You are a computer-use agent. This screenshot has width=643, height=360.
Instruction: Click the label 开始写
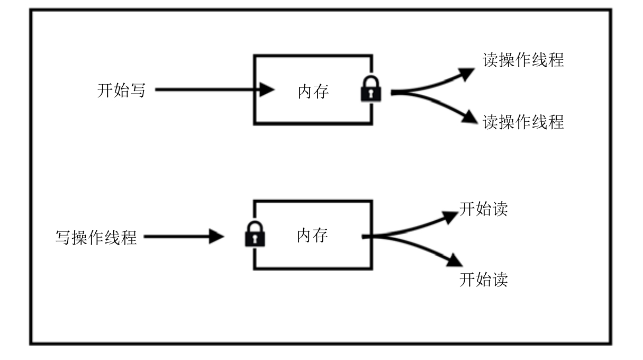121,90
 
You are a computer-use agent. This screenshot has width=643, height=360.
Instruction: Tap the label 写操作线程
96,237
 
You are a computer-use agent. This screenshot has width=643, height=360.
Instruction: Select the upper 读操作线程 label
523,60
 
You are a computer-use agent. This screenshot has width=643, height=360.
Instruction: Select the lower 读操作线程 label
523,122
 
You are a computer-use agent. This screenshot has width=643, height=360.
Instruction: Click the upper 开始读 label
483,209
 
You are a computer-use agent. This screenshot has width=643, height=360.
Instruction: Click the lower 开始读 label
483,278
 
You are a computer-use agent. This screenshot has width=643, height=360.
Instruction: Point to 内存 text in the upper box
313,91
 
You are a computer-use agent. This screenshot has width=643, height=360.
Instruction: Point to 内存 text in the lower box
312,236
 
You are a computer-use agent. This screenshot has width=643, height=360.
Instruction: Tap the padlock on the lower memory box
255,235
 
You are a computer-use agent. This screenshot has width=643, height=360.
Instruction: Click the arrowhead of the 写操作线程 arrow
217,237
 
